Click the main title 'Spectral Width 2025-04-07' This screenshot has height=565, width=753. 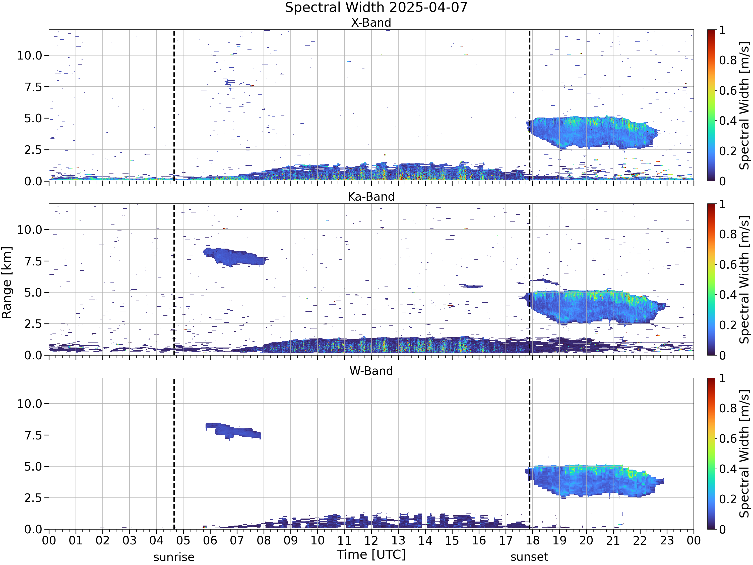pos(376,8)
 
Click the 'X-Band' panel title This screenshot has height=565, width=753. pos(371,23)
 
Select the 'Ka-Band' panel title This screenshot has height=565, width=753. pos(371,197)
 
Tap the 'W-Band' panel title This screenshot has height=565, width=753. pos(371,371)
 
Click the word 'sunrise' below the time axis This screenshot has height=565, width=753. pos(174,557)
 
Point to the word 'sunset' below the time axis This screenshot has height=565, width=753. pos(529,557)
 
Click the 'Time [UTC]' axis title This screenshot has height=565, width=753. pos(371,554)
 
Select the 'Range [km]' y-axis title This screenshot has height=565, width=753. pos(7,283)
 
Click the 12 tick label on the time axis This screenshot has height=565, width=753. pos(371,540)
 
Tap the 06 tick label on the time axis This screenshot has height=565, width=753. pos(210,540)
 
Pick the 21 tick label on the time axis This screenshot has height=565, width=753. pos(613,540)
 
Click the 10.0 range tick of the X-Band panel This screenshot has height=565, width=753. pos(30,55)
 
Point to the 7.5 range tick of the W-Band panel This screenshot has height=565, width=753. pos(33,435)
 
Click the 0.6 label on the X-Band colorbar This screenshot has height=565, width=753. pos(728,91)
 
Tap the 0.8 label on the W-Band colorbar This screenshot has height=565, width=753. pos(728,408)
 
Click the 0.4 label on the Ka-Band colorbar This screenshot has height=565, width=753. pos(728,295)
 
